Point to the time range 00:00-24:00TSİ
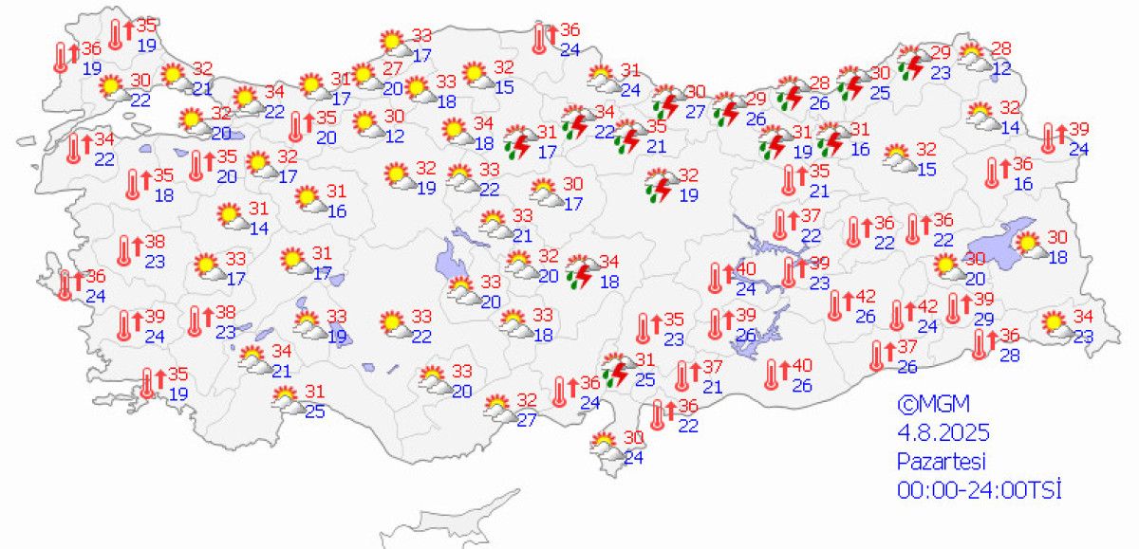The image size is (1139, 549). [x=979, y=490]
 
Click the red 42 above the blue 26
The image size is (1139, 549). [x=865, y=298]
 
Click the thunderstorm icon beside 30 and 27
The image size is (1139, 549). [x=669, y=101]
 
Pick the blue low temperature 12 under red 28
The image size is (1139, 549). [x=1001, y=68]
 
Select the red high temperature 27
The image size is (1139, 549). [x=393, y=68]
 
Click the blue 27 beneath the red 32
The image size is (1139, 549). [x=527, y=420]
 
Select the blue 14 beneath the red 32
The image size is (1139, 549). [x=1009, y=127]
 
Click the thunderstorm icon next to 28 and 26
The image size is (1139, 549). [x=790, y=92]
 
